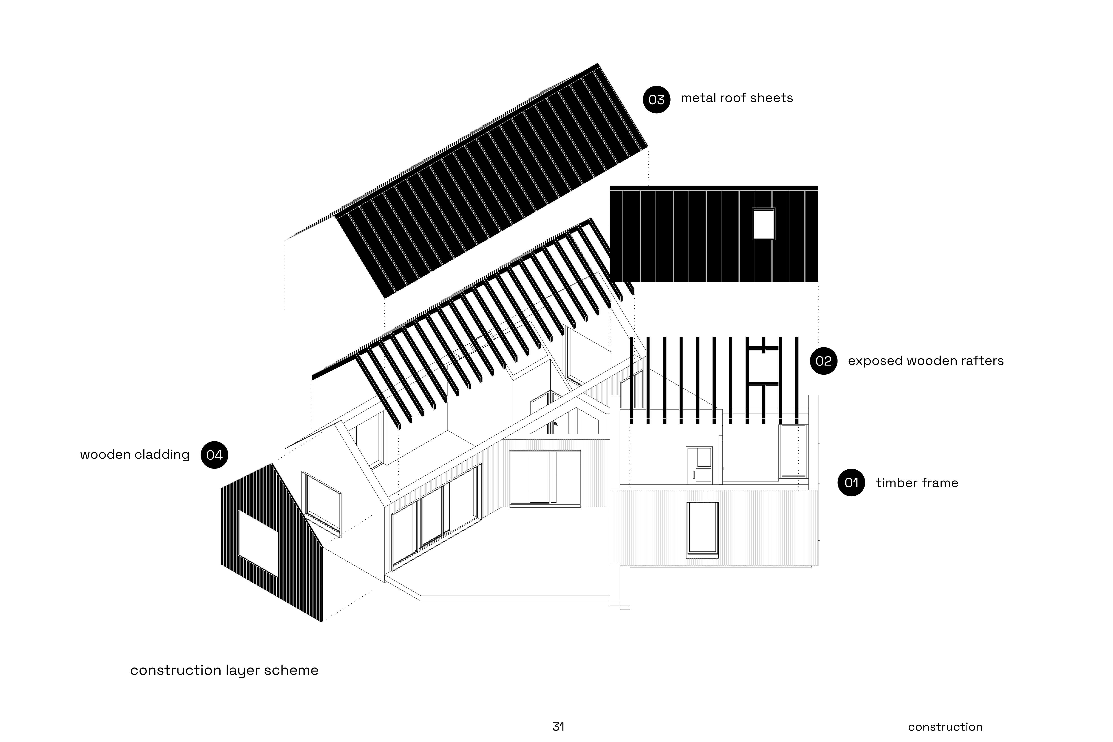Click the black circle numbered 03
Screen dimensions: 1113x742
656,99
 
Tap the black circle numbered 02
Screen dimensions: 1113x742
823,361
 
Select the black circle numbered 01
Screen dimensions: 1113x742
851,483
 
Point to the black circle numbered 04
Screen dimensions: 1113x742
214,455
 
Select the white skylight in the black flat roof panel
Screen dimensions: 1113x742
763,224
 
